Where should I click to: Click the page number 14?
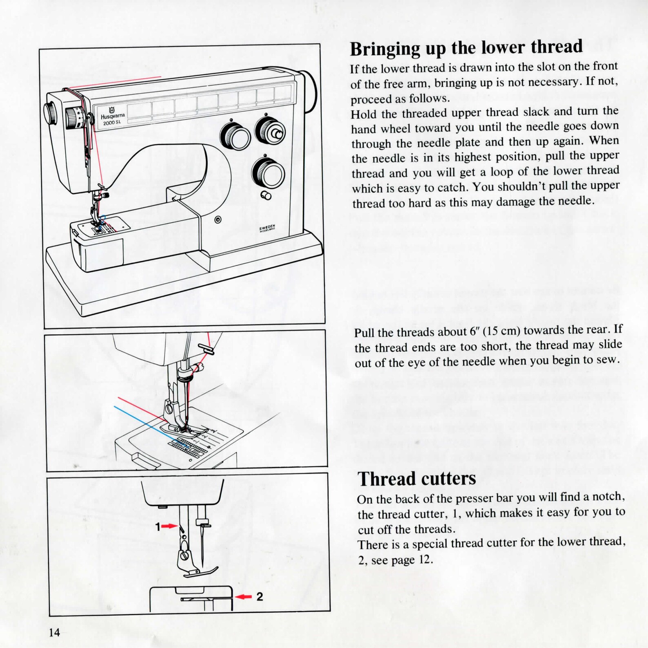pyautogui.click(x=54, y=632)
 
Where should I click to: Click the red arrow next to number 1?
pyautogui.click(x=169, y=527)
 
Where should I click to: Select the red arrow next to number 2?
pyautogui.click(x=244, y=597)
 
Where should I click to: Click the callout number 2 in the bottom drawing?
pyautogui.click(x=260, y=597)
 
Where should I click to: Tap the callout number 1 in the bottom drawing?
pyautogui.click(x=158, y=527)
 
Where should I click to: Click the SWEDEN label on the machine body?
pyautogui.click(x=268, y=228)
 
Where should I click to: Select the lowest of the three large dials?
pyautogui.click(x=268, y=173)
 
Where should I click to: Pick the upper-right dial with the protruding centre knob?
pyautogui.click(x=270, y=131)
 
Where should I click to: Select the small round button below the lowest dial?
pyautogui.click(x=266, y=195)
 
